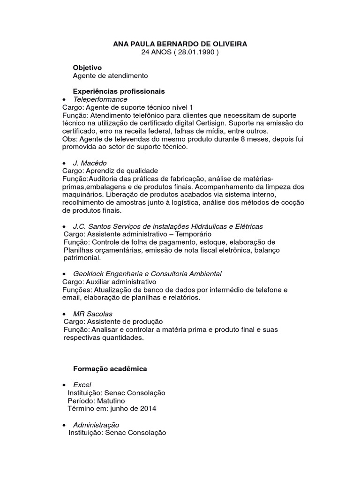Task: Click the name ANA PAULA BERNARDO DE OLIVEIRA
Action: (180, 44)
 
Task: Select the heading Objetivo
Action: (87, 67)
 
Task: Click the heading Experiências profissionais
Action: (119, 91)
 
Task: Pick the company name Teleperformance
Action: (100, 99)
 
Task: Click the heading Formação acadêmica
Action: (110, 369)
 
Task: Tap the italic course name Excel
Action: (82, 385)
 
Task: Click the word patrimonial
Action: (82, 258)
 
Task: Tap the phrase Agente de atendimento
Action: (111, 75)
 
